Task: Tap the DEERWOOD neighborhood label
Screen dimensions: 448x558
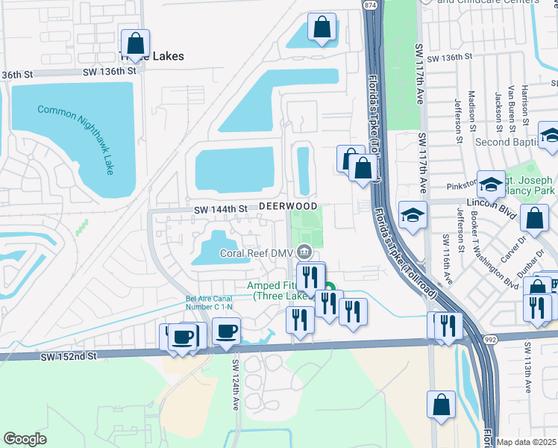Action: (288, 206)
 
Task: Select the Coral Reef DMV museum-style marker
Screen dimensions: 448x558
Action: (304, 251)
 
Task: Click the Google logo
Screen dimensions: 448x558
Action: (25, 439)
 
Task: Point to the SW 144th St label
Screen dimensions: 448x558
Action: (220, 210)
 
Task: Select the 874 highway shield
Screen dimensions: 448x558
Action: (371, 5)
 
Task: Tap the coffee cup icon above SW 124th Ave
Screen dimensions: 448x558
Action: (226, 331)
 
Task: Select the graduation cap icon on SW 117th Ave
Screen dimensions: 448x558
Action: (413, 215)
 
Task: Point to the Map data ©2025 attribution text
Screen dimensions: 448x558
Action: (527, 441)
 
